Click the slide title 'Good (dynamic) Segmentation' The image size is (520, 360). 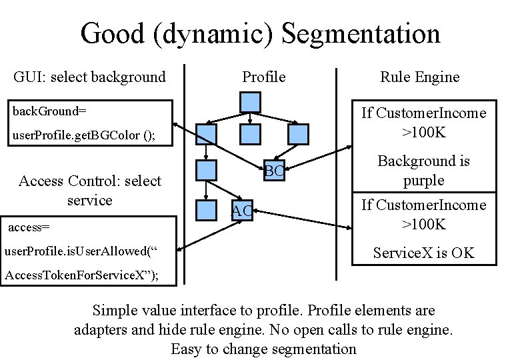(260, 33)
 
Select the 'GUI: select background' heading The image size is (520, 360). (89, 77)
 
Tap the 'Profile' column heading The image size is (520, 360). (263, 77)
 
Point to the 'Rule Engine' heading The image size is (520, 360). (419, 77)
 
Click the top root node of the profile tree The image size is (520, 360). (249, 103)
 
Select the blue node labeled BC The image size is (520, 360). (273, 171)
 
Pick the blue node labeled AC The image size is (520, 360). (241, 210)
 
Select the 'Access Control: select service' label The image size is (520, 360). (89, 191)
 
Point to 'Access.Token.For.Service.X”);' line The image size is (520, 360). (82, 276)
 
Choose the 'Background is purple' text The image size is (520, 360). (423, 171)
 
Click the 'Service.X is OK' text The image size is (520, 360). (423, 253)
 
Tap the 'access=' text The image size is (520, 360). (29, 227)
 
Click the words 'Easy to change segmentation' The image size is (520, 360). (263, 349)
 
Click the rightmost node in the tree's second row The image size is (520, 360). (299, 134)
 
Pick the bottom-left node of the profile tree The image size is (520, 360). (207, 209)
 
